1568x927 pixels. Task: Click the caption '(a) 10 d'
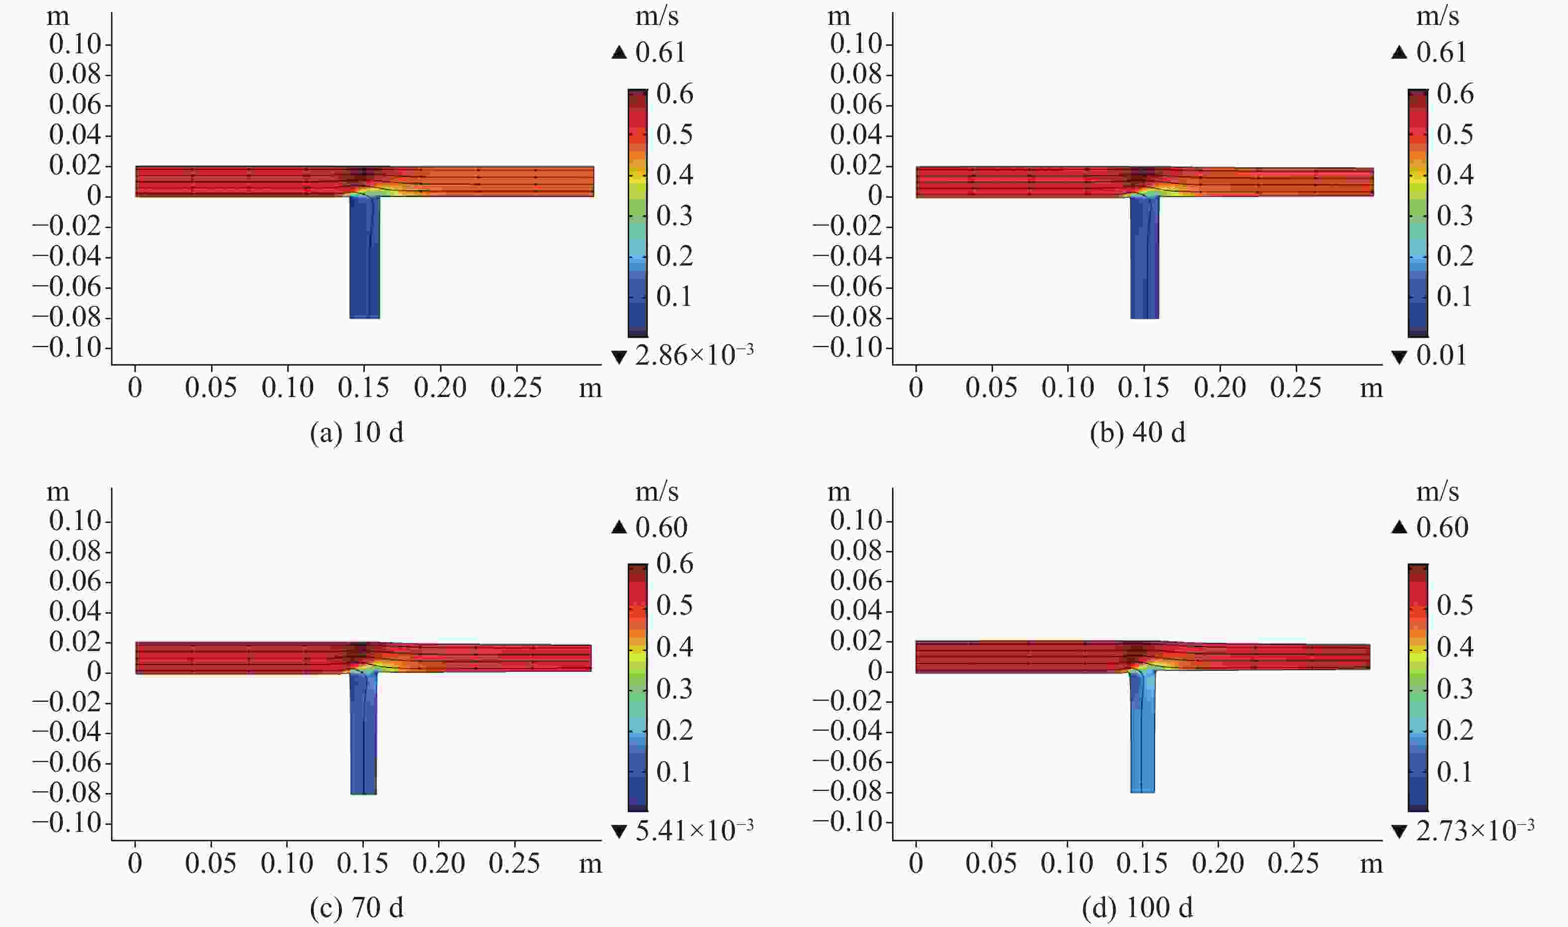(356, 433)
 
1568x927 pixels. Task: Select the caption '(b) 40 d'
(1137, 433)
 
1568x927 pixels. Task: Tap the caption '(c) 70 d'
(356, 908)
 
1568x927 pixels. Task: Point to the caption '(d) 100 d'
(1137, 908)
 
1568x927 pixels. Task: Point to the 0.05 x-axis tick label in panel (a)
(211, 388)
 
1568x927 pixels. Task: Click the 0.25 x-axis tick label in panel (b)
(1295, 388)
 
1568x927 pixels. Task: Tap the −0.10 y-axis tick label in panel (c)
(67, 823)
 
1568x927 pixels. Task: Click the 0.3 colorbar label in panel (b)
(1455, 216)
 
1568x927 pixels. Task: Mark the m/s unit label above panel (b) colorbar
(1437, 16)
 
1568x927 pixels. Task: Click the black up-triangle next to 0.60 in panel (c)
(619, 528)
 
